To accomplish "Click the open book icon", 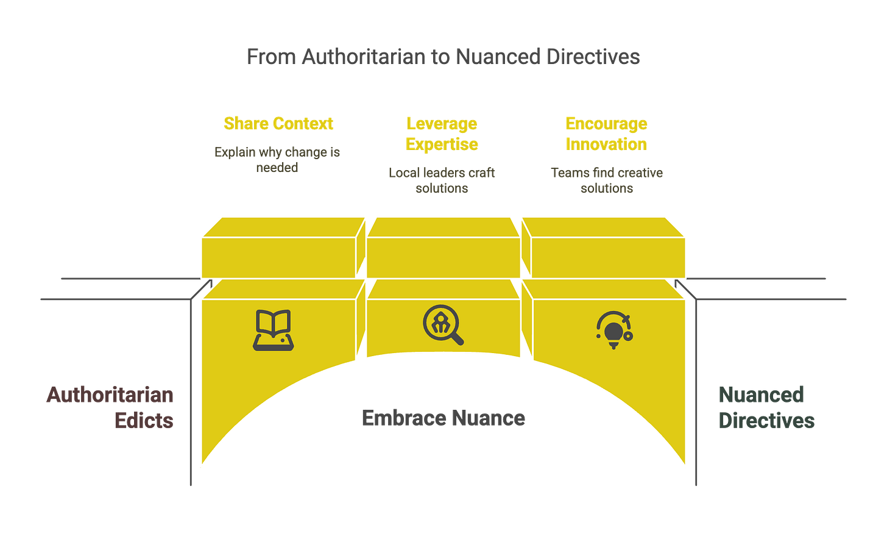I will click(x=273, y=330).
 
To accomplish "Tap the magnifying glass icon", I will click(x=443, y=325).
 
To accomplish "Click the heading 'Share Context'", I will click(x=278, y=123).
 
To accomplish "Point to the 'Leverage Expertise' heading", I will click(x=442, y=134).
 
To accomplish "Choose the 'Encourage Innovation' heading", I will click(x=606, y=134).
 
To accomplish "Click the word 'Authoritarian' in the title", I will click(x=363, y=57).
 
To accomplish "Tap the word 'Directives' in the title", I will click(x=593, y=57).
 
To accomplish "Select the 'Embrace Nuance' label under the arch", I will click(x=443, y=418).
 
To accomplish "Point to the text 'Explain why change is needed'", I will click(x=277, y=159).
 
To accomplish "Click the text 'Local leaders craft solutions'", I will click(x=442, y=180).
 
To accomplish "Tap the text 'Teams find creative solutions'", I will click(x=607, y=180).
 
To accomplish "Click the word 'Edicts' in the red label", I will click(x=144, y=420).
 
